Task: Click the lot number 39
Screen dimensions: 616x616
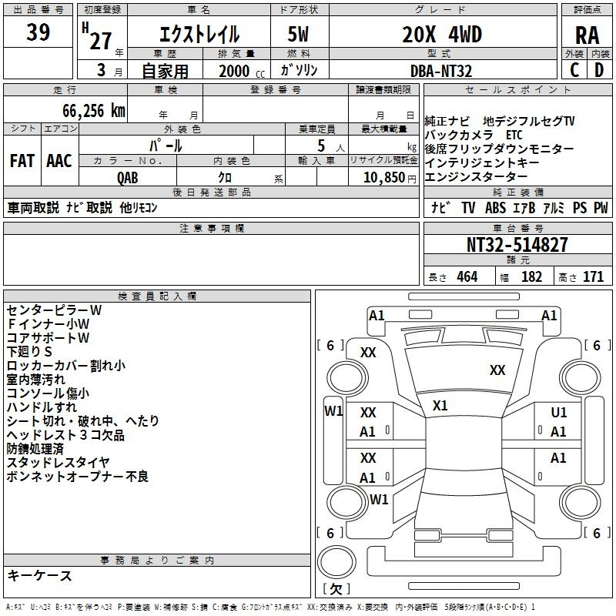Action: [38, 32]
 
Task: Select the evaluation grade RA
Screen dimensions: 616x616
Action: [587, 35]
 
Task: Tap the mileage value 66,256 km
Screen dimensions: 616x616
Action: [94, 111]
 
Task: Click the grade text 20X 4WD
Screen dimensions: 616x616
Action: [442, 34]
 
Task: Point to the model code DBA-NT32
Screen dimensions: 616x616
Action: [440, 71]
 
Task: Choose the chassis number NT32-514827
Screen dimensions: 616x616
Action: [517, 245]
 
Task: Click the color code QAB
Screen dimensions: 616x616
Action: [128, 178]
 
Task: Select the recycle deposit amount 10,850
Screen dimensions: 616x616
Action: [384, 178]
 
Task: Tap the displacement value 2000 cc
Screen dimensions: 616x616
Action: [242, 71]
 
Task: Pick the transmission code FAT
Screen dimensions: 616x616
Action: [22, 161]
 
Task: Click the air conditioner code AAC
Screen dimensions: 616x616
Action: [59, 161]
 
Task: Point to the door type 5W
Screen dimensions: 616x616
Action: [298, 34]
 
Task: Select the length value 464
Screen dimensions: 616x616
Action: [467, 276]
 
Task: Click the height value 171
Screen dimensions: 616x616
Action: [593, 276]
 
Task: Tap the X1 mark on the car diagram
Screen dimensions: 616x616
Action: [440, 406]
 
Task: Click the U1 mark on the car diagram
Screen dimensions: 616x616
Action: [559, 413]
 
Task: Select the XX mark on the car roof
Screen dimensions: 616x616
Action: [497, 370]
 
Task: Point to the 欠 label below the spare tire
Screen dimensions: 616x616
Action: [336, 589]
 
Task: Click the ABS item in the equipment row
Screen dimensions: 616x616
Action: [495, 208]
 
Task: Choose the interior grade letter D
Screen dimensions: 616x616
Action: [599, 70]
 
